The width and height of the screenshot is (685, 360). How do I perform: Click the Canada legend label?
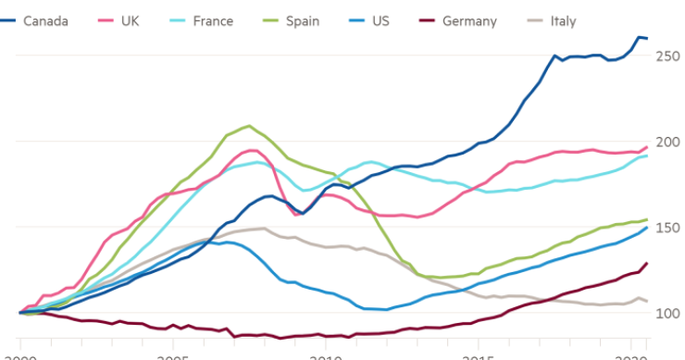pyautogui.click(x=44, y=21)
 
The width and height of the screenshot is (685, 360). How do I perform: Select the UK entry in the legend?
pyautogui.click(x=131, y=21)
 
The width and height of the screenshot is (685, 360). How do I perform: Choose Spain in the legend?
pyautogui.click(x=303, y=21)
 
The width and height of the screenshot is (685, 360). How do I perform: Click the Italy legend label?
pyautogui.click(x=563, y=21)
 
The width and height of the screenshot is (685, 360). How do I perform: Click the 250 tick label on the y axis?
pyautogui.click(x=666, y=56)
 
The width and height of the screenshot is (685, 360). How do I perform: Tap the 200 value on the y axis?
pyautogui.click(x=666, y=142)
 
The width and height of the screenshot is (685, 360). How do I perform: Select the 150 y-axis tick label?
pyautogui.click(x=666, y=227)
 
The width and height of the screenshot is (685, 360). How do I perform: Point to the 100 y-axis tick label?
pyautogui.click(x=666, y=313)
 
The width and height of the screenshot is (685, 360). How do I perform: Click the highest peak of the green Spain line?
pyautogui.click(x=247, y=126)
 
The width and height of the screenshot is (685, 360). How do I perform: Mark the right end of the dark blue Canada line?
pyautogui.click(x=646, y=38)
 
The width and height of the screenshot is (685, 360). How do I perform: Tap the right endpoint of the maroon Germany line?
pyautogui.click(x=646, y=263)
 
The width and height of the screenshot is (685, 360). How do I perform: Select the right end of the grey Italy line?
pyautogui.click(x=646, y=301)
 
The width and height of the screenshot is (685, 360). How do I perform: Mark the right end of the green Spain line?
pyautogui.click(x=646, y=219)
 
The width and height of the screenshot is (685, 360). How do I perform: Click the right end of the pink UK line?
pyautogui.click(x=646, y=146)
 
